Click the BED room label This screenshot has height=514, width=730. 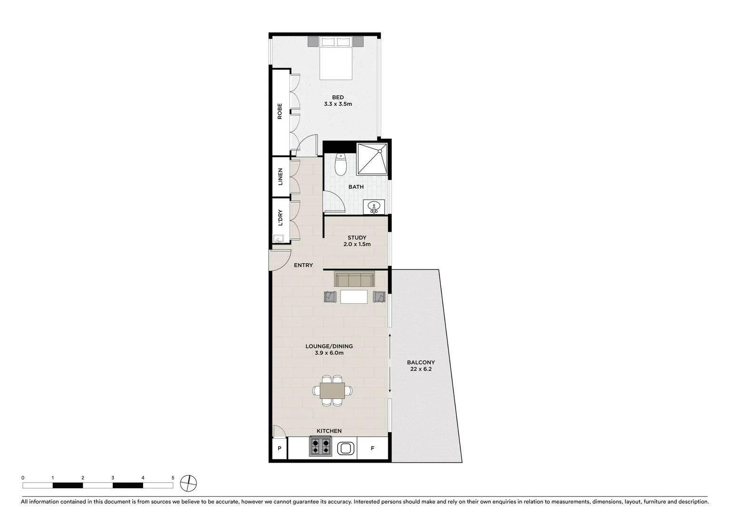tap(338, 98)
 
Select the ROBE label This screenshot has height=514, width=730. tap(280, 111)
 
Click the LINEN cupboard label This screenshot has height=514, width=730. tap(280, 177)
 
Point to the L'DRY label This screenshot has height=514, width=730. tap(280, 217)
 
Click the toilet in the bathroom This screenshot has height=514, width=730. tap(341, 164)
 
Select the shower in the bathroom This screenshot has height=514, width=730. tap(372, 158)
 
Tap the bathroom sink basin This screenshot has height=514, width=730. tap(374, 207)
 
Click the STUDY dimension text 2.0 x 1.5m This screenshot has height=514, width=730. tap(357, 245)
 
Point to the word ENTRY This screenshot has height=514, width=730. tap(303, 265)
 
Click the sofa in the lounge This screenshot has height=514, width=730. tap(354, 279)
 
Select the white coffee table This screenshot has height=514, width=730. tap(354, 297)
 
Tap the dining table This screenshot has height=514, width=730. tap(332, 391)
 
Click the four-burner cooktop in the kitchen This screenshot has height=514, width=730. tap(320, 447)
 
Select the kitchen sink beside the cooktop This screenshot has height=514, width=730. tap(345, 448)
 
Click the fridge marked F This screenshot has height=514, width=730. tap(372, 448)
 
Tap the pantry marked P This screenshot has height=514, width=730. tap(280, 448)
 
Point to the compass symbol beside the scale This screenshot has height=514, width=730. tap(189, 484)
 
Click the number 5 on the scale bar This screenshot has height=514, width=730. tap(173, 478)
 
